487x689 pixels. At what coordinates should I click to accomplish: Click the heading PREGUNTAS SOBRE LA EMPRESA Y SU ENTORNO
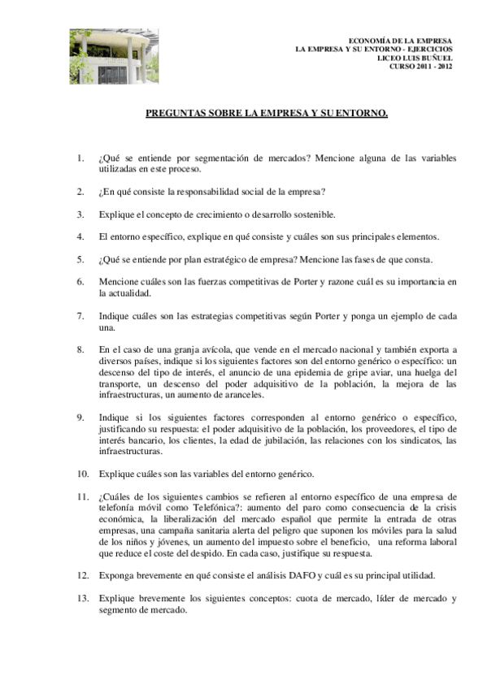(x=267, y=115)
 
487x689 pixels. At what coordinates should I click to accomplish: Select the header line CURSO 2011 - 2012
(x=420, y=66)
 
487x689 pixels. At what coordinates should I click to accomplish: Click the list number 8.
(x=80, y=349)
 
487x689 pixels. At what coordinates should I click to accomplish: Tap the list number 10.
(x=83, y=473)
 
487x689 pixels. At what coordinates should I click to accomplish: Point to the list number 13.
(x=83, y=598)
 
